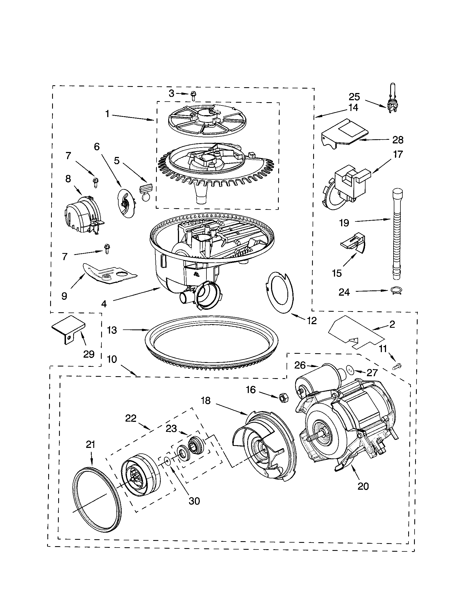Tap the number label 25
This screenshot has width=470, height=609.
(354, 97)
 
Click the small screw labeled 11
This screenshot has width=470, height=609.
(397, 366)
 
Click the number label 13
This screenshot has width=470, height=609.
(112, 330)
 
